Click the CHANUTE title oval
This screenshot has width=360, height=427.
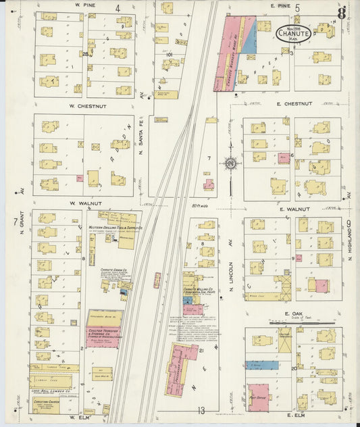[294, 32]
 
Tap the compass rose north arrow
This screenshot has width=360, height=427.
[230, 164]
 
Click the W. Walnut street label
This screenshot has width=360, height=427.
[84, 203]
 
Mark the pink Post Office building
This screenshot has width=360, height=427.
[258, 397]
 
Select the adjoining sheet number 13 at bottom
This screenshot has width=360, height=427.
[201, 409]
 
